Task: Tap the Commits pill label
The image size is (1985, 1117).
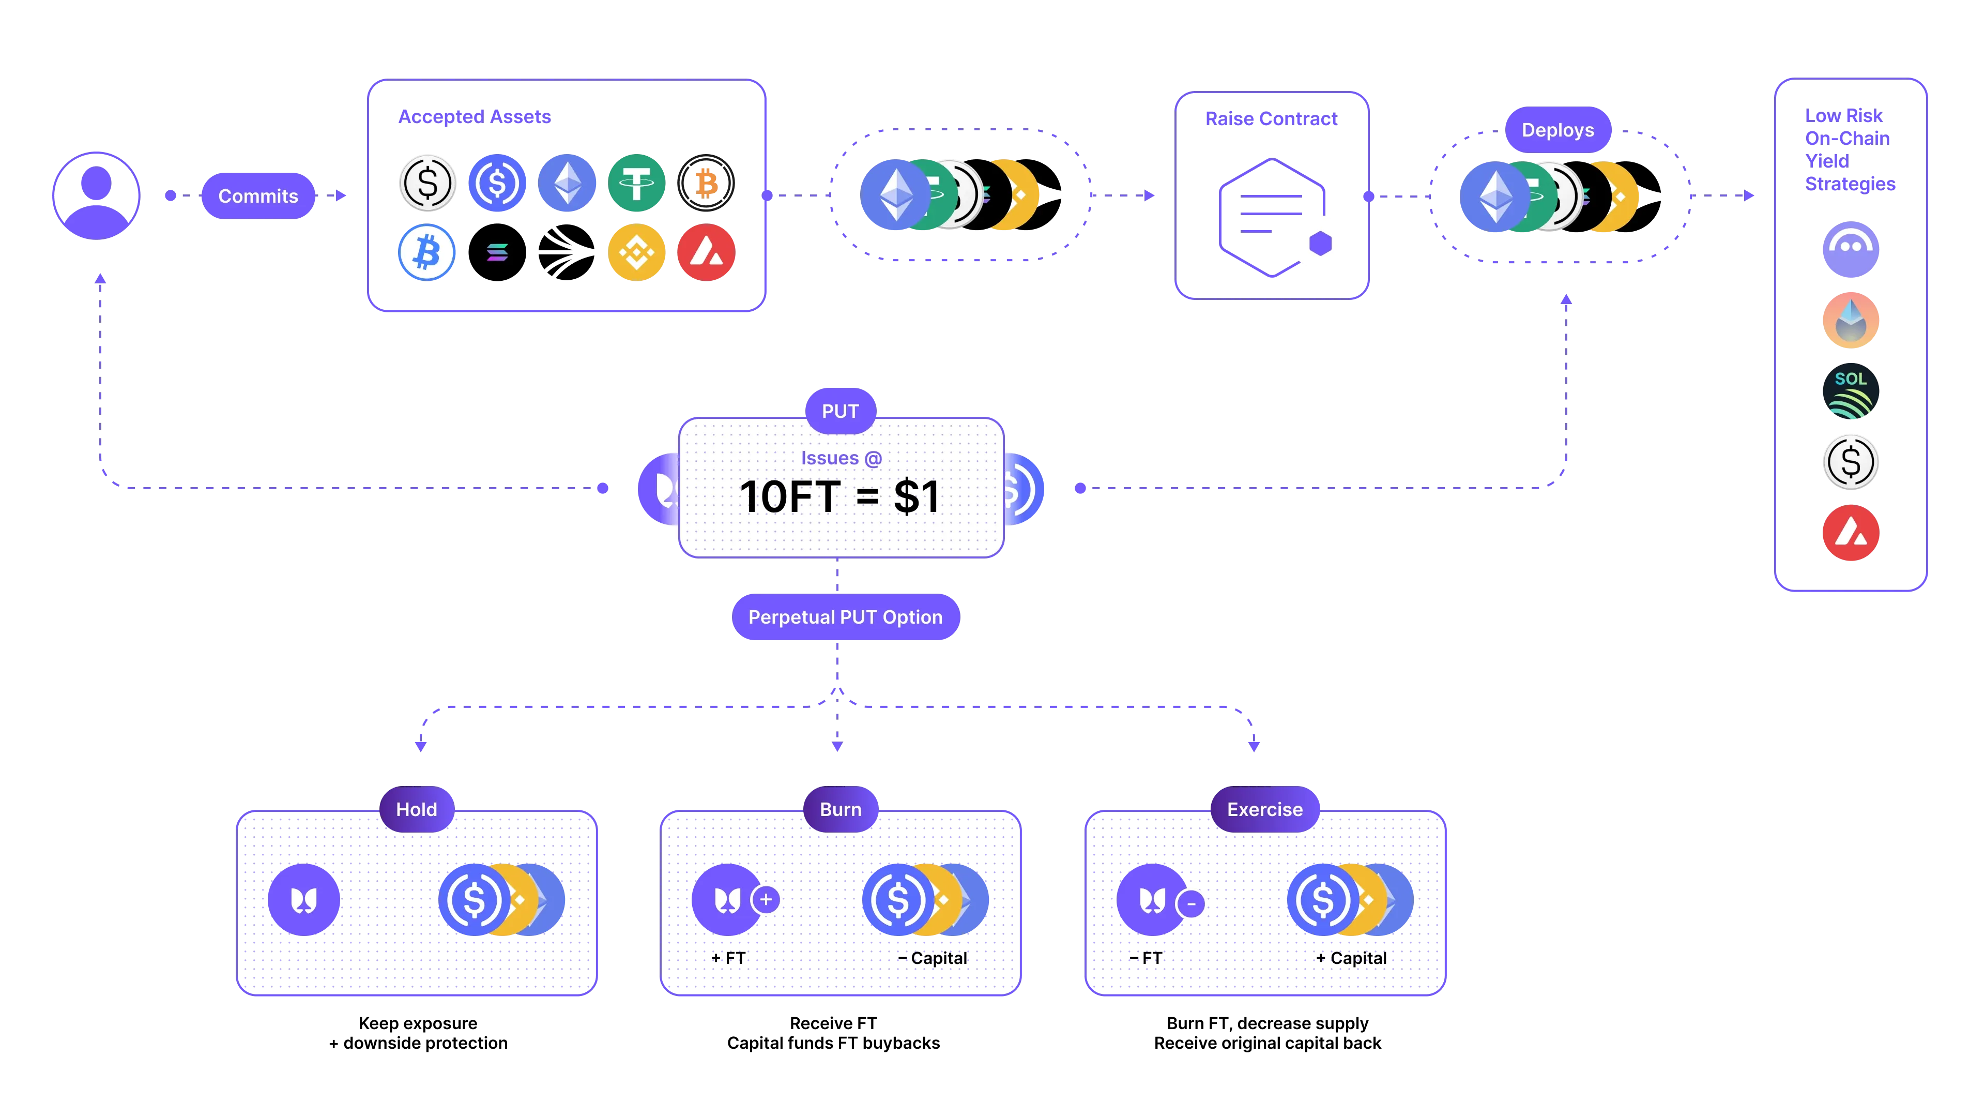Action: coord(258,196)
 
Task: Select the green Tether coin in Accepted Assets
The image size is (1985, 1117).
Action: coord(636,183)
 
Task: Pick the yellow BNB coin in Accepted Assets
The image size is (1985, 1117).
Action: coord(636,252)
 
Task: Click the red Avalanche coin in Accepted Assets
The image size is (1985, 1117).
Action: coord(706,252)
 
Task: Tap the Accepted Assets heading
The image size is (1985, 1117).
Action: coord(475,116)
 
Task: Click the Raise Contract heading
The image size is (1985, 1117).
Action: coord(1272,119)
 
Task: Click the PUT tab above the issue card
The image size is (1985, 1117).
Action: coord(840,411)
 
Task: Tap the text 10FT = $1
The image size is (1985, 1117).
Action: coord(840,496)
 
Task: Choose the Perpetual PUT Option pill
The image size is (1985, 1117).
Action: coord(845,617)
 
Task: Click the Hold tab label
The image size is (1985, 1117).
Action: coord(416,809)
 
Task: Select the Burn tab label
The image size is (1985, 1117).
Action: coord(840,809)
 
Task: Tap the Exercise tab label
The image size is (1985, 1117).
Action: coord(1264,809)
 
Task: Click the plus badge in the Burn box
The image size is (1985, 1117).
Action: coord(766,900)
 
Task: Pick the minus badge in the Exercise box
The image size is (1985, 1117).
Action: coord(1192,903)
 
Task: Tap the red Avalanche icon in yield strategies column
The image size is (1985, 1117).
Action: coord(1850,533)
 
